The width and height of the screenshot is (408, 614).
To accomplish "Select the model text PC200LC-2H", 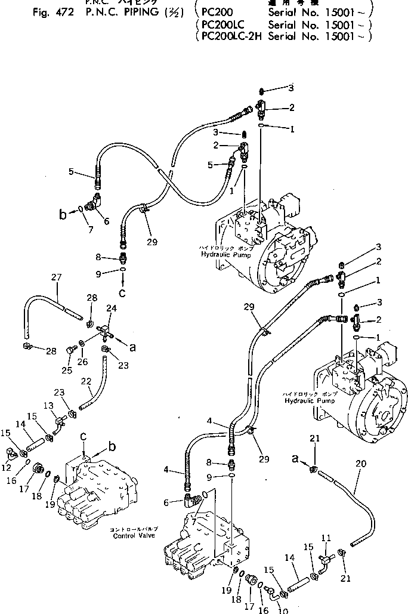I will click(229, 36).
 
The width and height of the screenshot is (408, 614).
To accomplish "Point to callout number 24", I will click(112, 308).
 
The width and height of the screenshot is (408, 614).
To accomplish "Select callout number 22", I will click(87, 381).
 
